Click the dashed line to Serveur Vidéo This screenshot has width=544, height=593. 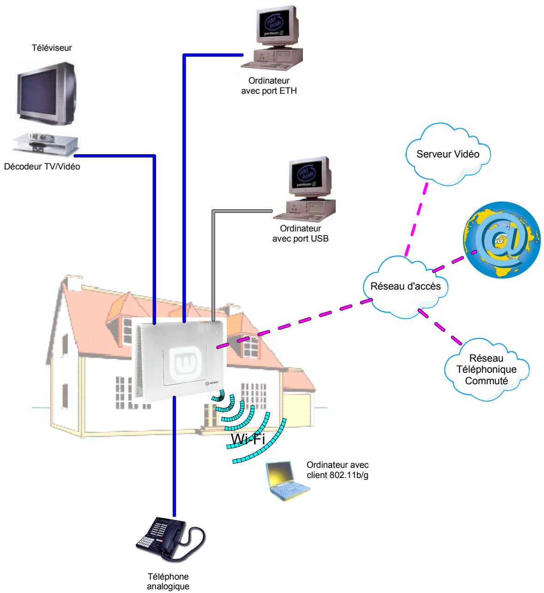click(416, 217)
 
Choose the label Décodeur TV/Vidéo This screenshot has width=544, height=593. click(42, 167)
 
